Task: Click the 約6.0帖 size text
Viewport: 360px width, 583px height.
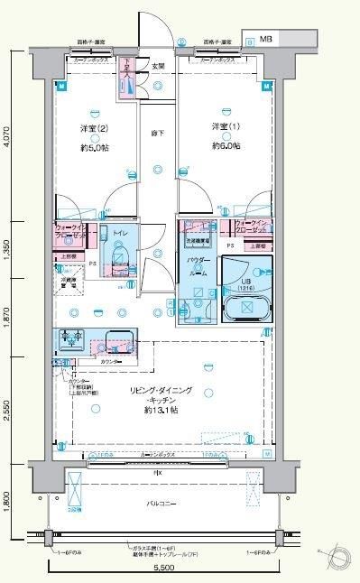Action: [x=226, y=144]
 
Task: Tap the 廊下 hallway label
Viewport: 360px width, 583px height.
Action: [x=157, y=134]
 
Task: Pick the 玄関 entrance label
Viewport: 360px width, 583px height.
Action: [x=157, y=66]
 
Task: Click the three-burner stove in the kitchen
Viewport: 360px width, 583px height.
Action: [x=72, y=340]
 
